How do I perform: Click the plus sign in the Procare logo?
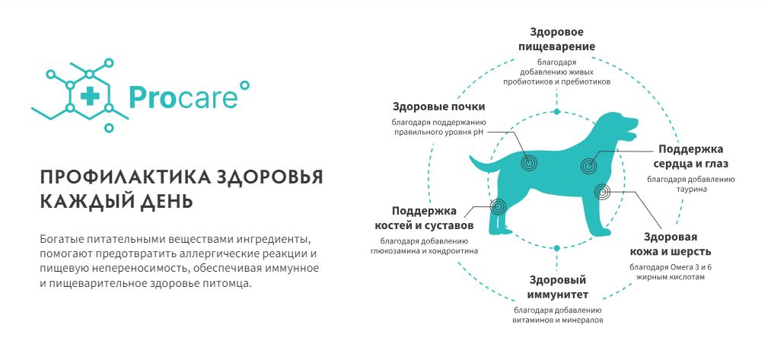pyautogui.click(x=90, y=96)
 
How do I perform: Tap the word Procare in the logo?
pyautogui.click(x=183, y=97)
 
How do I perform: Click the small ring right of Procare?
pyautogui.click(x=244, y=86)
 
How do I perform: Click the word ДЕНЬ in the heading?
pyautogui.click(x=164, y=201)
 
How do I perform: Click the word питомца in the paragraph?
pyautogui.click(x=228, y=284)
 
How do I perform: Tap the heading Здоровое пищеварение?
pyautogui.click(x=562, y=40)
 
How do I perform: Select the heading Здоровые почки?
pyautogui.click(x=438, y=107)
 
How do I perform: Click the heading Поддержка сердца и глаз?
pyautogui.click(x=691, y=156)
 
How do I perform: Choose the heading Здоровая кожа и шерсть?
pyautogui.click(x=671, y=244)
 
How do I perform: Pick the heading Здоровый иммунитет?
pyautogui.click(x=558, y=287)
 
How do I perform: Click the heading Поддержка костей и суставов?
pyautogui.click(x=424, y=218)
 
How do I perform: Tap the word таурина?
pyautogui.click(x=690, y=189)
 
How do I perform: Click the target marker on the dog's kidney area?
pyautogui.click(x=529, y=162)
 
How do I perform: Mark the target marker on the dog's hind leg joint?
pyautogui.click(x=498, y=206)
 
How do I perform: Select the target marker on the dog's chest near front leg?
pyautogui.click(x=602, y=191)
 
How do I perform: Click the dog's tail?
pyautogui.click(x=484, y=164)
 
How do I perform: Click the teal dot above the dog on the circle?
pyautogui.click(x=556, y=112)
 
